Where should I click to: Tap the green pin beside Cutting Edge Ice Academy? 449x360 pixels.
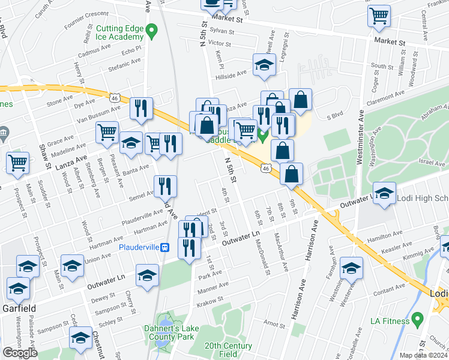tap(152, 29)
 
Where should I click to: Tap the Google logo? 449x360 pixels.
tap(20, 353)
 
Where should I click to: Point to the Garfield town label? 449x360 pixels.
tap(19, 308)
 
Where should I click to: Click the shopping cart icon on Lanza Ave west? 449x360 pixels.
tap(18, 162)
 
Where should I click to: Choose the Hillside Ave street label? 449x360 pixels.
tap(232, 74)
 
